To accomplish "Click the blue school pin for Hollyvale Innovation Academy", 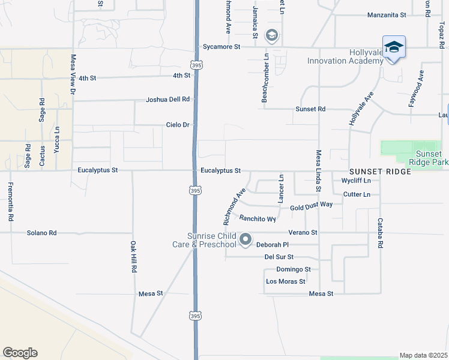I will click(394, 47).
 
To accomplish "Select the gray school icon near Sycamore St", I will click(272, 36).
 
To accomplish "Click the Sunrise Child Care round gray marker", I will click(246, 240).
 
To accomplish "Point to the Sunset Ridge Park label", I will click(428, 158).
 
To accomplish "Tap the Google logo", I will click(20, 353).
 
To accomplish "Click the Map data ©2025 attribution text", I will click(424, 355).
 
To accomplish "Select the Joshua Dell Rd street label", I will click(168, 100).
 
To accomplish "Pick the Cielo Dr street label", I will click(178, 125).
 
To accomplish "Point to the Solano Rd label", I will click(41, 233).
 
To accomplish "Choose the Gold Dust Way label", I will click(311, 205).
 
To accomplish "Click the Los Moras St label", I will click(286, 281).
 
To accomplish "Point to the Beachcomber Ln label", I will click(264, 78).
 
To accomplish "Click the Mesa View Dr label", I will click(73, 74).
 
